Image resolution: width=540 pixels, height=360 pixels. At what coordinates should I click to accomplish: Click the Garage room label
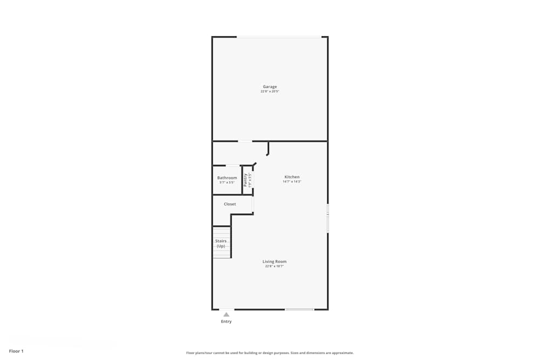[x=270, y=87]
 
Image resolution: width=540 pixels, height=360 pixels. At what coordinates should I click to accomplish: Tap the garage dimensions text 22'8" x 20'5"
[x=270, y=92]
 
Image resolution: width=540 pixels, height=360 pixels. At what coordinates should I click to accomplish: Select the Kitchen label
[x=292, y=177]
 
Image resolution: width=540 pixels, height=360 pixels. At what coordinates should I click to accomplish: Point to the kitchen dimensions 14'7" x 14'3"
[x=292, y=182]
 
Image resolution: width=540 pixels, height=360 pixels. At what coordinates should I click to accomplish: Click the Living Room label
[x=274, y=262]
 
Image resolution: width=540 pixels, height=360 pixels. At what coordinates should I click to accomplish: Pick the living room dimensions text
[x=274, y=267]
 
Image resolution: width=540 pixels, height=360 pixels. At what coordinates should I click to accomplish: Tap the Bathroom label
[x=227, y=178]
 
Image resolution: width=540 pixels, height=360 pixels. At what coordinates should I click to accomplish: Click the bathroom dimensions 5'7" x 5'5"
[x=227, y=182]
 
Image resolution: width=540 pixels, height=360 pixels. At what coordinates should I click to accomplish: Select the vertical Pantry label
[x=245, y=180]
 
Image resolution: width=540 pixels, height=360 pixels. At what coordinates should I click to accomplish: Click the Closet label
[x=230, y=204]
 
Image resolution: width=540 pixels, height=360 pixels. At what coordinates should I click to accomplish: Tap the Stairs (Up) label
[x=221, y=243]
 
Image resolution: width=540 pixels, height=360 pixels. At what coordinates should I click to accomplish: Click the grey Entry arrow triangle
[x=226, y=314]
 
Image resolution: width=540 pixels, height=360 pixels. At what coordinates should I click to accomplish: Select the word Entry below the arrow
[x=226, y=322]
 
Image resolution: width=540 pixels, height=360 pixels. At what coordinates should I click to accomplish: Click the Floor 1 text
[x=16, y=351]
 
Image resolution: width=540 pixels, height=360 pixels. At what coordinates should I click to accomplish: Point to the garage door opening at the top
[x=279, y=37]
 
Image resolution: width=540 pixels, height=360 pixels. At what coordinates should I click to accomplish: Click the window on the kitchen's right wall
[x=328, y=218]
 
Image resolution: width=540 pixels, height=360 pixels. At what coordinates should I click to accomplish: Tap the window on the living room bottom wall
[x=299, y=309]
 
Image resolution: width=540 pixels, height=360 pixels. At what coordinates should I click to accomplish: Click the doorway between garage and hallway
[x=245, y=141]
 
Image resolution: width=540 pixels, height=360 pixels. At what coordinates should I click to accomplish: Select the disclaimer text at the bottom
[x=270, y=353]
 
